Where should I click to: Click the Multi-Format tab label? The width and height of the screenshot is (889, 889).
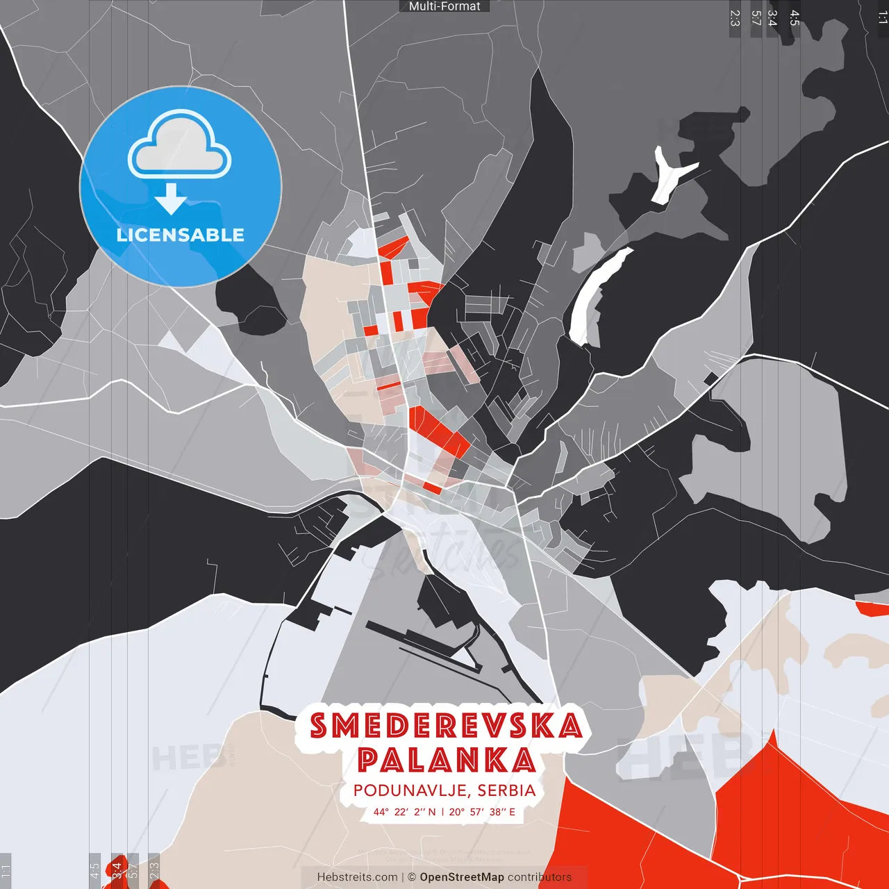(x=444, y=6)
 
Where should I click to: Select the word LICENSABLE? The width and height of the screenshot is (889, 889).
(x=181, y=235)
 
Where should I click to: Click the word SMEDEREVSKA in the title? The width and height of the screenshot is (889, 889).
(x=446, y=726)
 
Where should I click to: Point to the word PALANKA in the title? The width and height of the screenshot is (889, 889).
(x=446, y=760)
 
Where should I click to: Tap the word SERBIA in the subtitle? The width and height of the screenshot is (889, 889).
(x=507, y=791)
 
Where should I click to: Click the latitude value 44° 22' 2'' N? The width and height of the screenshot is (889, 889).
(x=404, y=812)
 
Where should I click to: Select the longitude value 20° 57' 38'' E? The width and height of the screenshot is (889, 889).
(x=482, y=812)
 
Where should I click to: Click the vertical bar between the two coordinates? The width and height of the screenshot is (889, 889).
(x=442, y=812)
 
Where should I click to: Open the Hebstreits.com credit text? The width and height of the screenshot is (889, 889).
(x=358, y=877)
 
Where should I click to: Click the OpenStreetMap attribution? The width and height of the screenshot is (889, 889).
(x=462, y=877)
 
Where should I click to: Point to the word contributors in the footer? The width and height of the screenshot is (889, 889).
(x=540, y=877)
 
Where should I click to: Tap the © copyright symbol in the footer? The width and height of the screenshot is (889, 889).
(x=412, y=877)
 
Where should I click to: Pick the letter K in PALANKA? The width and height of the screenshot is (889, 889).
(x=495, y=760)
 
